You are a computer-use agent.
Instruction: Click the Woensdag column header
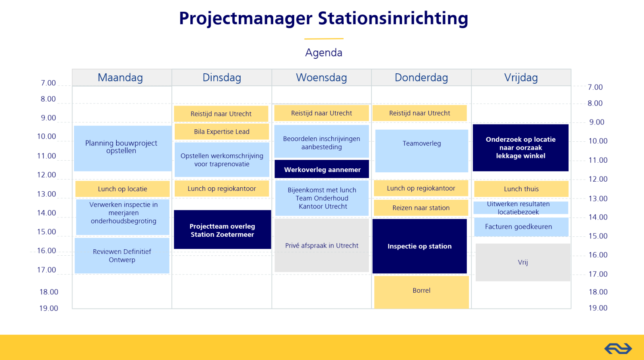pos(322,77)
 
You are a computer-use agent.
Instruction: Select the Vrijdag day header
pos(521,77)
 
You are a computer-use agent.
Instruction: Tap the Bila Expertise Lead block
pos(222,132)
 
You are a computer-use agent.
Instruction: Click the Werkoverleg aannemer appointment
pos(322,170)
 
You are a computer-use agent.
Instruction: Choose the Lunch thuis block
pos(521,189)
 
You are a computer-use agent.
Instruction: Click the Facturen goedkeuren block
pos(521,227)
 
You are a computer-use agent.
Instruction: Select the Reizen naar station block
pos(421,208)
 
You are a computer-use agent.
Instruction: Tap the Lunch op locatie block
pos(122,189)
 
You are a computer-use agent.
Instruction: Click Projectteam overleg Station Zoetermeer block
pos(223,230)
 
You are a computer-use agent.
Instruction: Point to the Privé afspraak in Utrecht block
pos(322,245)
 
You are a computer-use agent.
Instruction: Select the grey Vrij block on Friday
pos(523,262)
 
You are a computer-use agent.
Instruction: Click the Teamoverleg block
pos(422,151)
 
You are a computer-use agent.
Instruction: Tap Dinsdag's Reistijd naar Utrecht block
pos(221,114)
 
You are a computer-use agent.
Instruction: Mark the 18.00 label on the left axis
pos(49,292)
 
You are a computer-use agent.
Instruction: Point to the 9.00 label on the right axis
pos(597,122)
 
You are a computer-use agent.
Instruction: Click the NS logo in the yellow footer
pos(618,348)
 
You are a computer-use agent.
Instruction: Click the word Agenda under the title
pos(324,53)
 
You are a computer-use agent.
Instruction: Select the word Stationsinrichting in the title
pos(393,18)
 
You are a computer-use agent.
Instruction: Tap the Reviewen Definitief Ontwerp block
pos(122,256)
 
